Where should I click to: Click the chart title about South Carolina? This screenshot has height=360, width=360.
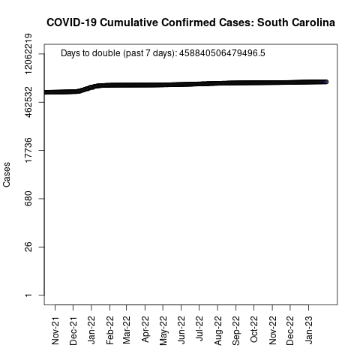point(190,22)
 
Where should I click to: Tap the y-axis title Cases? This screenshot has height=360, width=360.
point(7,175)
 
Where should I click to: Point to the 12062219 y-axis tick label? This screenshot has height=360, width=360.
point(28,54)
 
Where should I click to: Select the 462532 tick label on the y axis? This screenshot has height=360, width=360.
point(28,102)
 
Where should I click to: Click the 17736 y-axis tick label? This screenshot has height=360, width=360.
point(28,150)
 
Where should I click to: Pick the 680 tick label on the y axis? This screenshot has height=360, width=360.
point(28,199)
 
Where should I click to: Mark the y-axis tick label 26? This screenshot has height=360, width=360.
point(28,247)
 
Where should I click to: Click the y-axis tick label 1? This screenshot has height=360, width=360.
point(28,295)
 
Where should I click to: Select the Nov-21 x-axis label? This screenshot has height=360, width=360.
point(55,331)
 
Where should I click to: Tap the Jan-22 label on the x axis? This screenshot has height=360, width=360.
point(91,330)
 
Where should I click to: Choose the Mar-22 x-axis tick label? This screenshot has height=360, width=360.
point(127,330)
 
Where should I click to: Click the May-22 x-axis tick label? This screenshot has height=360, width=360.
point(163,331)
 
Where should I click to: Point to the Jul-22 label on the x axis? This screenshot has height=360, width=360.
point(199,328)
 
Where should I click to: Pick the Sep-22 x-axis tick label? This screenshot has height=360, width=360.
point(235,331)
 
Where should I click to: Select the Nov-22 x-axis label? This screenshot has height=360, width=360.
point(272,331)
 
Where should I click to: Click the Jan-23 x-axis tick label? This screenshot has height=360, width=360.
point(308,330)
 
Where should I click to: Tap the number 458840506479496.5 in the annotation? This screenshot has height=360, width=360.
point(222,53)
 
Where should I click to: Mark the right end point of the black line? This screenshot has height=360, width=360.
point(326,82)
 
